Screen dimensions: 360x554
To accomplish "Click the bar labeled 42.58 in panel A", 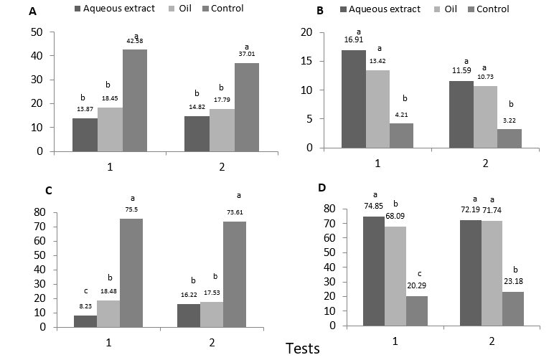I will click(134, 100).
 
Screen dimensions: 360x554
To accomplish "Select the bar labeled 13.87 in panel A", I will click(85, 135).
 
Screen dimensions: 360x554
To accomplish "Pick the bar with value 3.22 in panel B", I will click(510, 138).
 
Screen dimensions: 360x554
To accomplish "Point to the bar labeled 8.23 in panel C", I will click(85, 321).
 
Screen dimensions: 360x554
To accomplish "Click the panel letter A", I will click(32, 11).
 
